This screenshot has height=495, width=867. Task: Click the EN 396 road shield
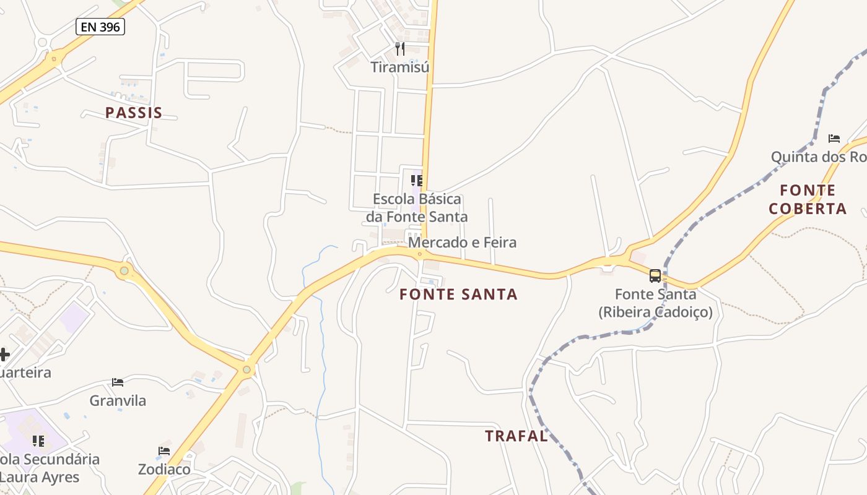click(100, 27)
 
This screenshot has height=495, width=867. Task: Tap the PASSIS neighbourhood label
click(134, 113)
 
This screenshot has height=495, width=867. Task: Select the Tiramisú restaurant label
click(400, 67)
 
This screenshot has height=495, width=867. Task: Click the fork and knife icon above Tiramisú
click(400, 48)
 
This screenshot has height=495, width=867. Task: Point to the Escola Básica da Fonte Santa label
click(417, 208)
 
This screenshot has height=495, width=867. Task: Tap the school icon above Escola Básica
click(417, 181)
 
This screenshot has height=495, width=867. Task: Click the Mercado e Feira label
click(462, 242)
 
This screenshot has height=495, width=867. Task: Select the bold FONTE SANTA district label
click(458, 295)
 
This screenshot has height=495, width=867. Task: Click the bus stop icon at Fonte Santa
click(655, 275)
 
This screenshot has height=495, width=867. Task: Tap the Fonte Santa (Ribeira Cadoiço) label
click(655, 303)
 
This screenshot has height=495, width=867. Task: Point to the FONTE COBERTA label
click(808, 199)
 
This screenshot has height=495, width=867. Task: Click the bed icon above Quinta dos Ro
click(834, 138)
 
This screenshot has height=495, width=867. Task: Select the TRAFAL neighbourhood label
click(516, 436)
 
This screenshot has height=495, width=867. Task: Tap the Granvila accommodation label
click(118, 400)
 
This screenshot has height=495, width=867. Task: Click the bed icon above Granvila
click(118, 382)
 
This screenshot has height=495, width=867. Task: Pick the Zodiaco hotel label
click(164, 469)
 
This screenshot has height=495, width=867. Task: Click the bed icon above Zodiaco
click(164, 450)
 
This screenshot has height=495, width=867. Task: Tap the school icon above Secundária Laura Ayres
click(38, 441)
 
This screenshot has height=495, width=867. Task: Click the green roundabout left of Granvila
click(124, 270)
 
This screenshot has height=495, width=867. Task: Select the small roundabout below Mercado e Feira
click(419, 254)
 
